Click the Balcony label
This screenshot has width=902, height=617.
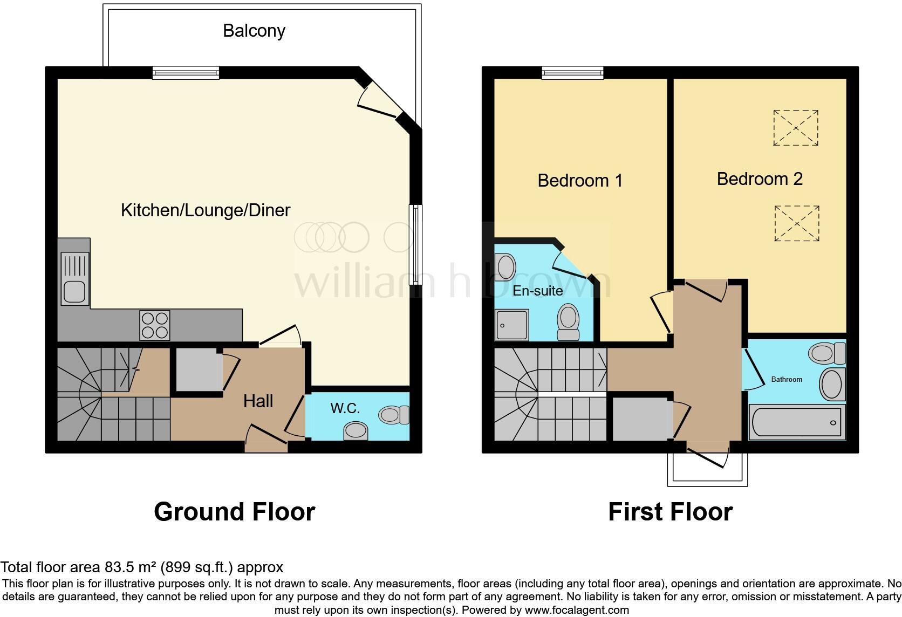254,31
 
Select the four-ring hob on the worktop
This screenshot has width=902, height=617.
155,325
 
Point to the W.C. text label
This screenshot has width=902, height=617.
345,408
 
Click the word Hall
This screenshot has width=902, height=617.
258,401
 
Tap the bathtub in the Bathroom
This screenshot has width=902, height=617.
796,422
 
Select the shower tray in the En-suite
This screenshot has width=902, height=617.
512,325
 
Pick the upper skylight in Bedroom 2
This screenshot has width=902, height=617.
796,128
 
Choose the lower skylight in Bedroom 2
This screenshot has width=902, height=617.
796,223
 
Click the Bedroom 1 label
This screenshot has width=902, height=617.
580,180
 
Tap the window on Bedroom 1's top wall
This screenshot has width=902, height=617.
572,73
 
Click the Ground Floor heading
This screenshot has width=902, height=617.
234,511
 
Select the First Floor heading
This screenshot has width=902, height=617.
670,511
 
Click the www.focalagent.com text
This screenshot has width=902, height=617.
577,611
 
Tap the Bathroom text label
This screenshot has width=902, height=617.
786,379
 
